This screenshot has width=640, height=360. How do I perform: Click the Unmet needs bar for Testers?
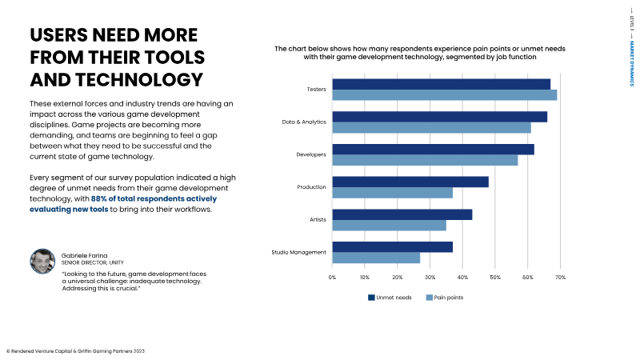pyautogui.click(x=441, y=84)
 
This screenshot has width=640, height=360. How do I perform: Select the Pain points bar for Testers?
pyautogui.click(x=444, y=95)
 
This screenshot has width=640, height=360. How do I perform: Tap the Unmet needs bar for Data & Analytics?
pyautogui.click(x=439, y=117)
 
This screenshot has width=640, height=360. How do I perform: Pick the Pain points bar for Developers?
pyautogui.click(x=425, y=160)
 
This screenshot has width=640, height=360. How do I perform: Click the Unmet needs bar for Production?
pyautogui.click(x=410, y=182)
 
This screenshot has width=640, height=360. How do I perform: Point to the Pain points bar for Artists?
pyautogui.click(x=389, y=225)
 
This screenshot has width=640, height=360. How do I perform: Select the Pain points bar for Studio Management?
pyautogui.click(x=376, y=258)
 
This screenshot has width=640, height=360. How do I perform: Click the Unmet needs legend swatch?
pyautogui.click(x=371, y=298)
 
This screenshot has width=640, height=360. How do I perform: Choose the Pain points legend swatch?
pyautogui.click(x=429, y=298)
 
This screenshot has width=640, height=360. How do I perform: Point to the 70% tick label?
pyautogui.click(x=560, y=278)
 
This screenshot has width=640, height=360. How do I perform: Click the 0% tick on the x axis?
pyautogui.click(x=332, y=278)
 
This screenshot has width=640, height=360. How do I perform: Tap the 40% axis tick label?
pyautogui.click(x=462, y=278)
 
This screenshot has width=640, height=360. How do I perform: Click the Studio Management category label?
pyautogui.click(x=299, y=253)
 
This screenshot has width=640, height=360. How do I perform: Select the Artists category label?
pyautogui.click(x=316, y=220)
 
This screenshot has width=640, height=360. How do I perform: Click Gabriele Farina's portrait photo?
pyautogui.click(x=42, y=261)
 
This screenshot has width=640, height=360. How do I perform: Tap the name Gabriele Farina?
pyautogui.click(x=85, y=254)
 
